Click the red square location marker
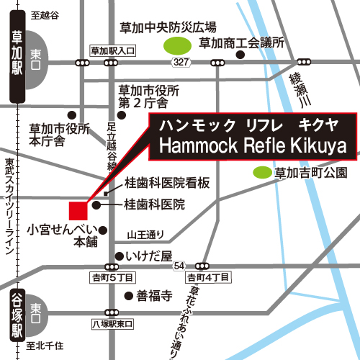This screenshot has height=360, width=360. tap(78, 210)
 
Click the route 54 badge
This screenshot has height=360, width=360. tap(178, 266)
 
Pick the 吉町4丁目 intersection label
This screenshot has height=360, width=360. tap(207, 277)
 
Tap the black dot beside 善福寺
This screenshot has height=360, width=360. tap(128, 295)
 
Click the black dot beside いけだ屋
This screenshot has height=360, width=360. tap(117, 256)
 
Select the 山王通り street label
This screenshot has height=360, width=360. tap(145, 233)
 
